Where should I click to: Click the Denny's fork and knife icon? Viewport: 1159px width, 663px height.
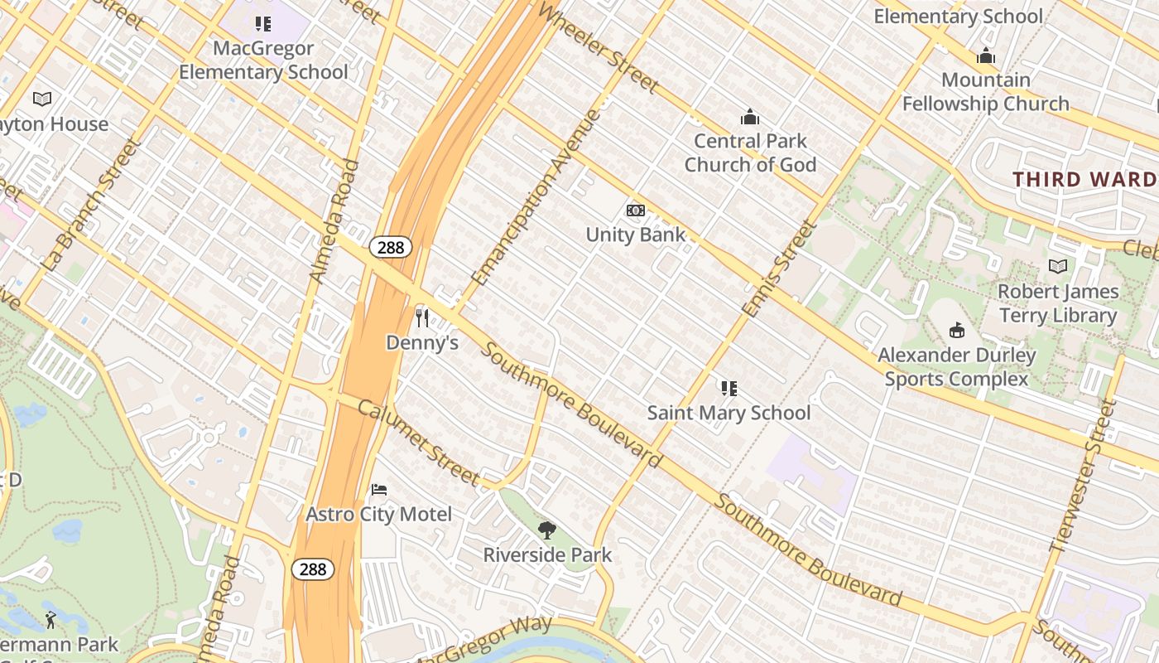422,317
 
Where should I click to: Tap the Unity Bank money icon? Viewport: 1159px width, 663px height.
635,211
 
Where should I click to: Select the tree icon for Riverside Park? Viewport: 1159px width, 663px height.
546,530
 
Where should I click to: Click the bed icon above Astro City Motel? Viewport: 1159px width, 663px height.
379,490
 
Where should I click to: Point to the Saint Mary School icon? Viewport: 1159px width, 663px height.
729,388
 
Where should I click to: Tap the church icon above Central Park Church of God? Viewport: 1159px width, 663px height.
750,116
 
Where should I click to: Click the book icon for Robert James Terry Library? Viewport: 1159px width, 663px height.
1057,267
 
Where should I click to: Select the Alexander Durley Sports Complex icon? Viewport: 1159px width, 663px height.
957,331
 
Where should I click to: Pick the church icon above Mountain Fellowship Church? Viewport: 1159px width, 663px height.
985,56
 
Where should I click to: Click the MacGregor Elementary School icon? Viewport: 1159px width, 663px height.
262,24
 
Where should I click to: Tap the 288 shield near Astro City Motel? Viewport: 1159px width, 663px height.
313,569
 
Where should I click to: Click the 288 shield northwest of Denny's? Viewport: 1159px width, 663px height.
391,246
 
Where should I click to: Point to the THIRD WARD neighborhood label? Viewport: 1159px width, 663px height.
1084,179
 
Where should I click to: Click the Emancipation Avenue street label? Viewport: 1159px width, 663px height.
535,197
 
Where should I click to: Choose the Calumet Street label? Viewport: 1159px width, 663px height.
418,443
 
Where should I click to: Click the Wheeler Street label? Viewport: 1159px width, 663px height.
598,46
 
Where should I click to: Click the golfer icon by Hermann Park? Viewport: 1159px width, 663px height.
50,619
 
